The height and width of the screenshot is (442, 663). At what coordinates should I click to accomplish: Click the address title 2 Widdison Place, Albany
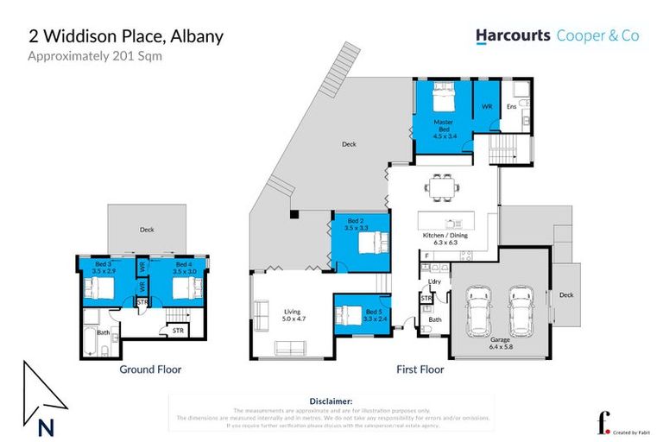(x=126, y=36)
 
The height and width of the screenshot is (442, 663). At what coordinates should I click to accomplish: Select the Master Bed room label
(x=444, y=126)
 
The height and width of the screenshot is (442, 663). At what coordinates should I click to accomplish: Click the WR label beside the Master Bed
(x=487, y=105)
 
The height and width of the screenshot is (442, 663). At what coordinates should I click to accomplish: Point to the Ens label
(x=511, y=106)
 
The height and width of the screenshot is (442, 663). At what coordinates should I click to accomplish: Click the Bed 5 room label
(x=372, y=313)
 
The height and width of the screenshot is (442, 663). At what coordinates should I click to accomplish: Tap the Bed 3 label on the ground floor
(x=104, y=267)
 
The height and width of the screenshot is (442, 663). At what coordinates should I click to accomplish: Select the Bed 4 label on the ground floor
(x=182, y=267)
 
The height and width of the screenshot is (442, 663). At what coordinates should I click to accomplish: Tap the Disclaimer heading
(x=331, y=401)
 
